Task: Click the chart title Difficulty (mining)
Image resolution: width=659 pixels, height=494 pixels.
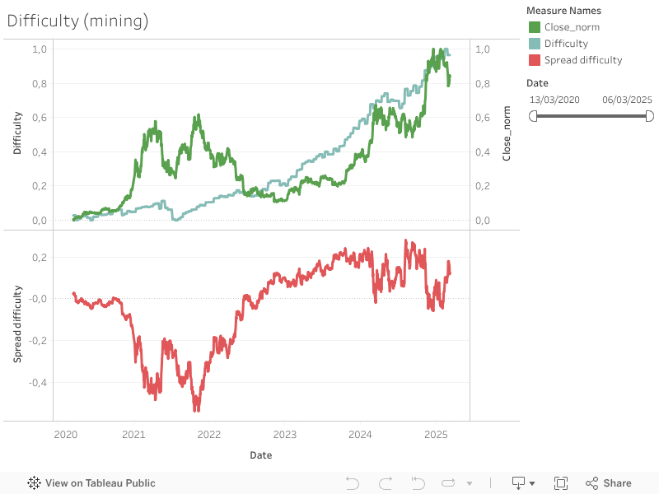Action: tap(77, 21)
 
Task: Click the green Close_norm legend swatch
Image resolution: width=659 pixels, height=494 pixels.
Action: tap(535, 27)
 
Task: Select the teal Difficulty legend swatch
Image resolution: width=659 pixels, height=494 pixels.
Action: tap(535, 44)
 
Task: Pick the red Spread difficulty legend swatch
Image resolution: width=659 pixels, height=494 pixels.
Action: tap(535, 60)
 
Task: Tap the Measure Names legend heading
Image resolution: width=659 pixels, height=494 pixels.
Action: tap(563, 11)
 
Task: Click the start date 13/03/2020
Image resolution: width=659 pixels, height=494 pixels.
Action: tap(554, 100)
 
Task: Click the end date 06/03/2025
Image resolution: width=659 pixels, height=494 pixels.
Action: tap(627, 100)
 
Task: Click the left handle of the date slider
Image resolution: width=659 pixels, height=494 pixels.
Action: tap(533, 116)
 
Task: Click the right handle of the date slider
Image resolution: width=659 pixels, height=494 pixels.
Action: tap(650, 116)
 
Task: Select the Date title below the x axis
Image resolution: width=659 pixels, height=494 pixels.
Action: tap(261, 454)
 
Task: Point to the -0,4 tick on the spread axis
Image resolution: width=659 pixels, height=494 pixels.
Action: tap(37, 382)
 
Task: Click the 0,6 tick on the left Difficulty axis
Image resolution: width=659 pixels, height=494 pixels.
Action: tap(40, 118)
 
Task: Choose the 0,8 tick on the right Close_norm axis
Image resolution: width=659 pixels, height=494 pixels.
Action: tap(483, 83)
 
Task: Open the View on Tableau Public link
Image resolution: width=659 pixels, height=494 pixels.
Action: tap(91, 483)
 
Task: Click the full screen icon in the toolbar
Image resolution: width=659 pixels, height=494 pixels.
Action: tap(561, 483)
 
